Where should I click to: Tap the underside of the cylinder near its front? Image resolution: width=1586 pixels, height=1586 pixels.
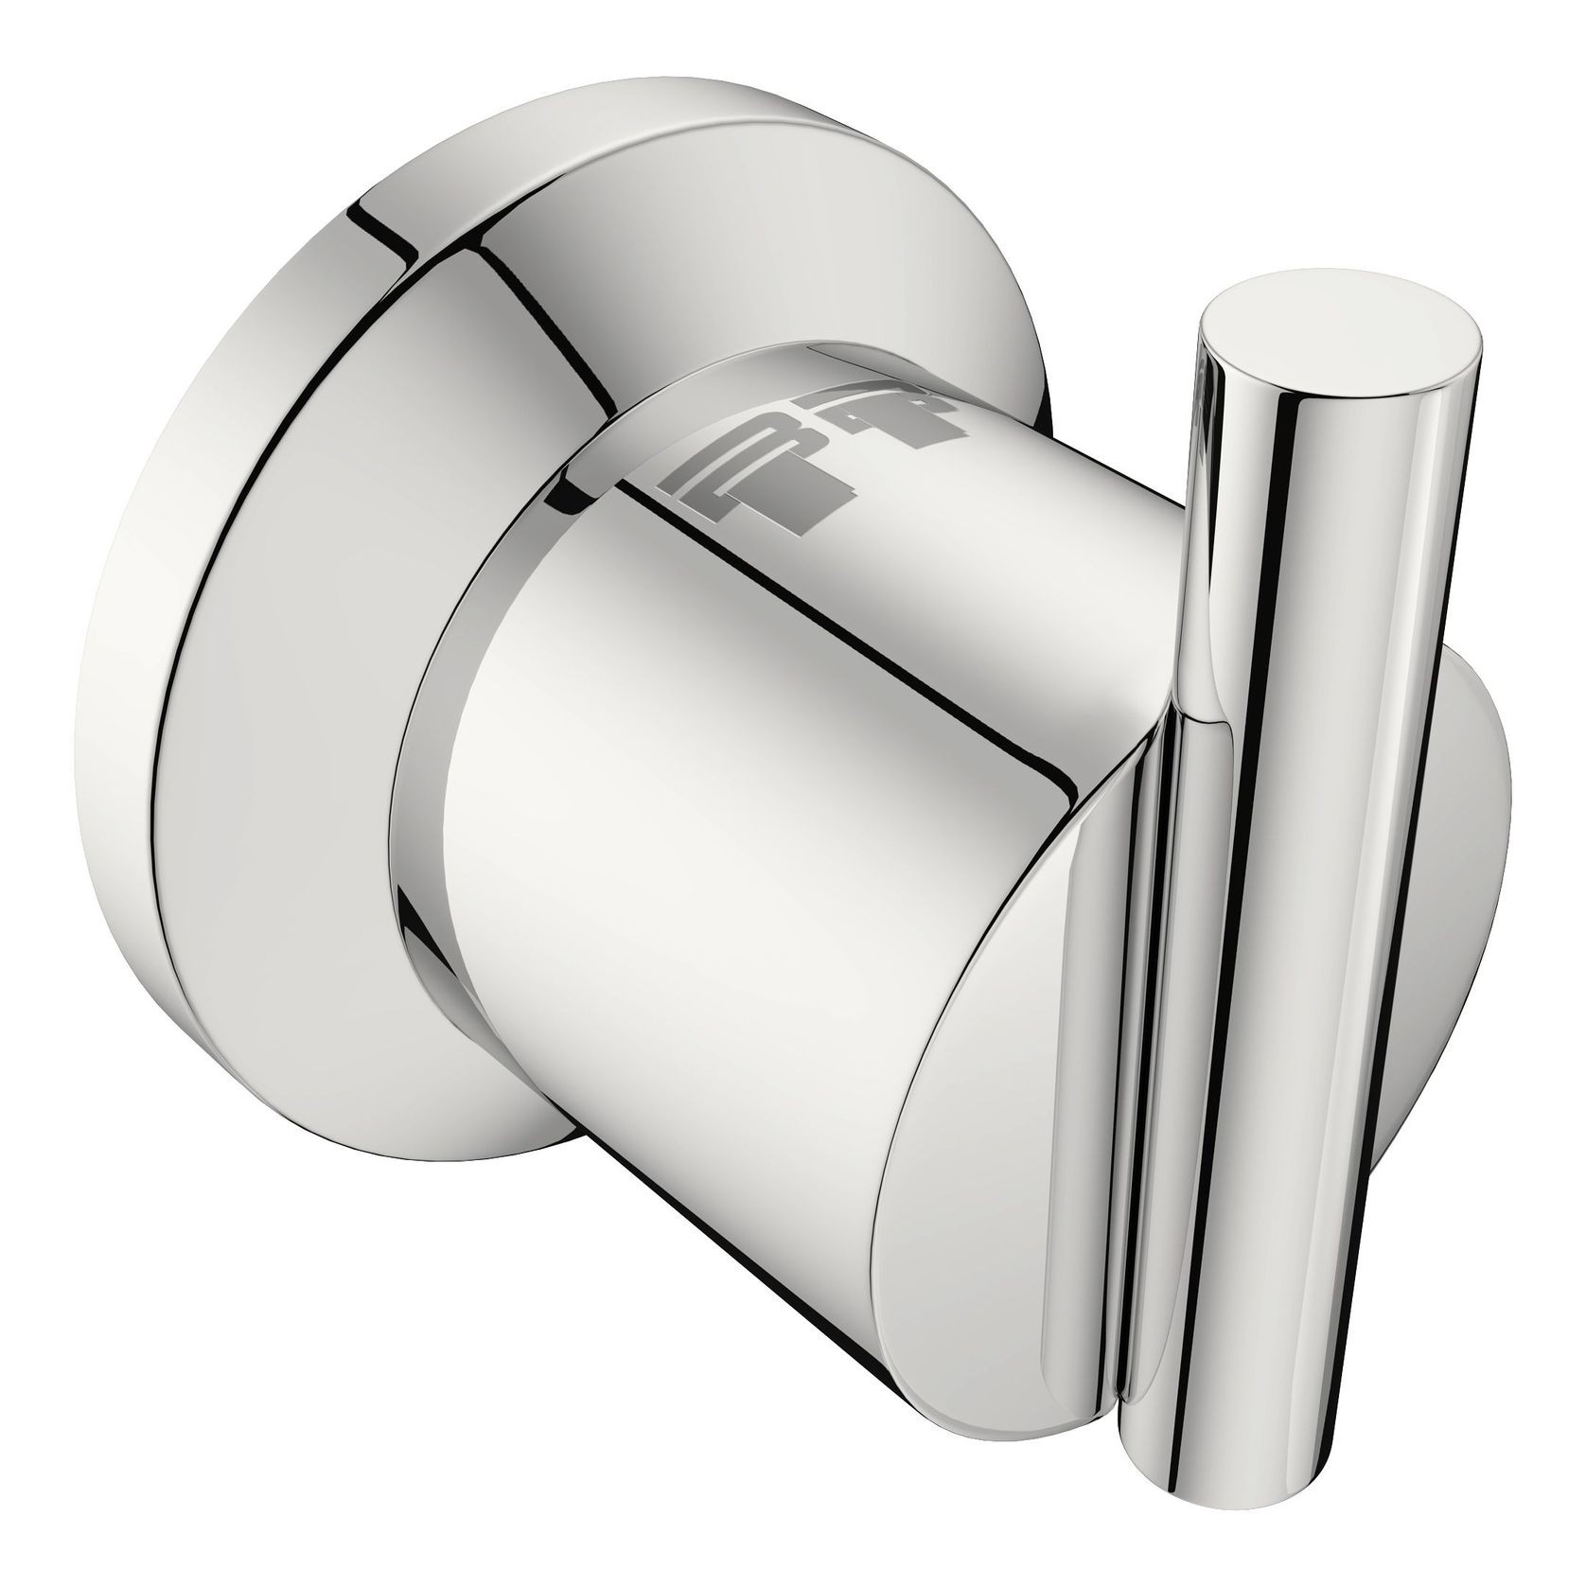pyautogui.click(x=757, y=1164)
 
